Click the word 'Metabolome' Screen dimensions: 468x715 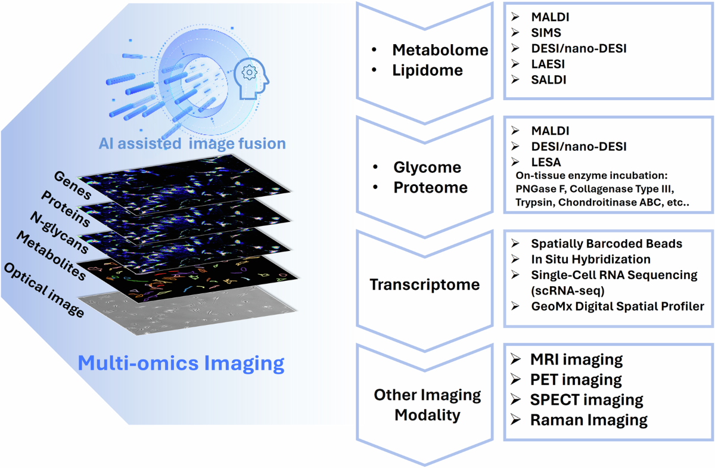point(440,50)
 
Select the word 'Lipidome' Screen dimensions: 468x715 point(427,70)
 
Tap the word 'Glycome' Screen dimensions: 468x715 point(427,167)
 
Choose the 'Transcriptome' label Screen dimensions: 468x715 point(424,284)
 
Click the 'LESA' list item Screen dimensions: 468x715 point(546,162)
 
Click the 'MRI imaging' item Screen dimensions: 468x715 point(576,359)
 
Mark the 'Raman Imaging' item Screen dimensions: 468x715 point(589,420)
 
